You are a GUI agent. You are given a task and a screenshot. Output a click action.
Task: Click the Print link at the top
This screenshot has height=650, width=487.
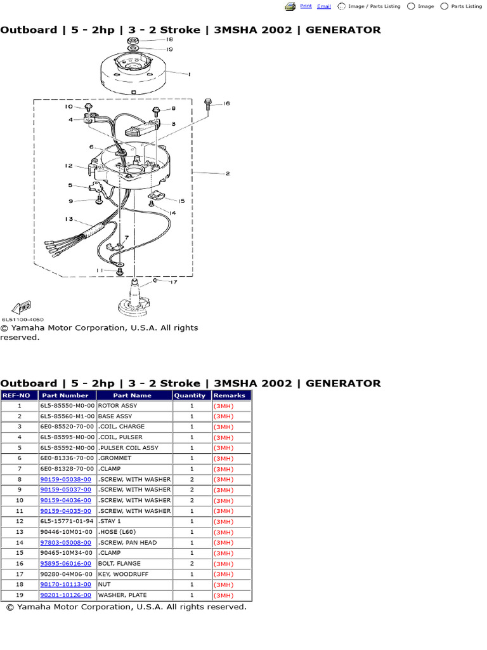click(306, 6)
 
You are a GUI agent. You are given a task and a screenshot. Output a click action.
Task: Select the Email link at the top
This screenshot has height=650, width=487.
click(324, 6)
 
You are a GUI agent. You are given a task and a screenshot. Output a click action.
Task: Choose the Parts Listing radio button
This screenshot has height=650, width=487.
click(445, 6)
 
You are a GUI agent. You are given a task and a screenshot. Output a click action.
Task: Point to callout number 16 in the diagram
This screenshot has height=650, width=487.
click(226, 103)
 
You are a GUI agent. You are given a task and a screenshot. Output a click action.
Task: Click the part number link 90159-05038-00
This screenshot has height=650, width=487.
click(65, 479)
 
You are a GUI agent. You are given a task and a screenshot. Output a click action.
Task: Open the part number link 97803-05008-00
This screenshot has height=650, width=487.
click(65, 543)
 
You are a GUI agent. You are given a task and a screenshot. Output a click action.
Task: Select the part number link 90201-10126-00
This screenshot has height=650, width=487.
click(65, 595)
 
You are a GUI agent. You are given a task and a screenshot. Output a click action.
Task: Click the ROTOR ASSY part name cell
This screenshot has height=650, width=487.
click(117, 406)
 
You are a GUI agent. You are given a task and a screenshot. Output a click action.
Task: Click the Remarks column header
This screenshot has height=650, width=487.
click(230, 395)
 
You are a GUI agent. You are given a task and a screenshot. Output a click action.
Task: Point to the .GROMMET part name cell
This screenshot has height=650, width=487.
click(115, 458)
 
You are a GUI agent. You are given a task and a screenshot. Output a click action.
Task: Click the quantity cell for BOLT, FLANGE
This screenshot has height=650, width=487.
click(192, 564)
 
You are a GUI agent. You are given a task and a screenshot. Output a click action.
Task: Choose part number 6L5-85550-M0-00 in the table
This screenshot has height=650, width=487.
click(67, 406)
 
